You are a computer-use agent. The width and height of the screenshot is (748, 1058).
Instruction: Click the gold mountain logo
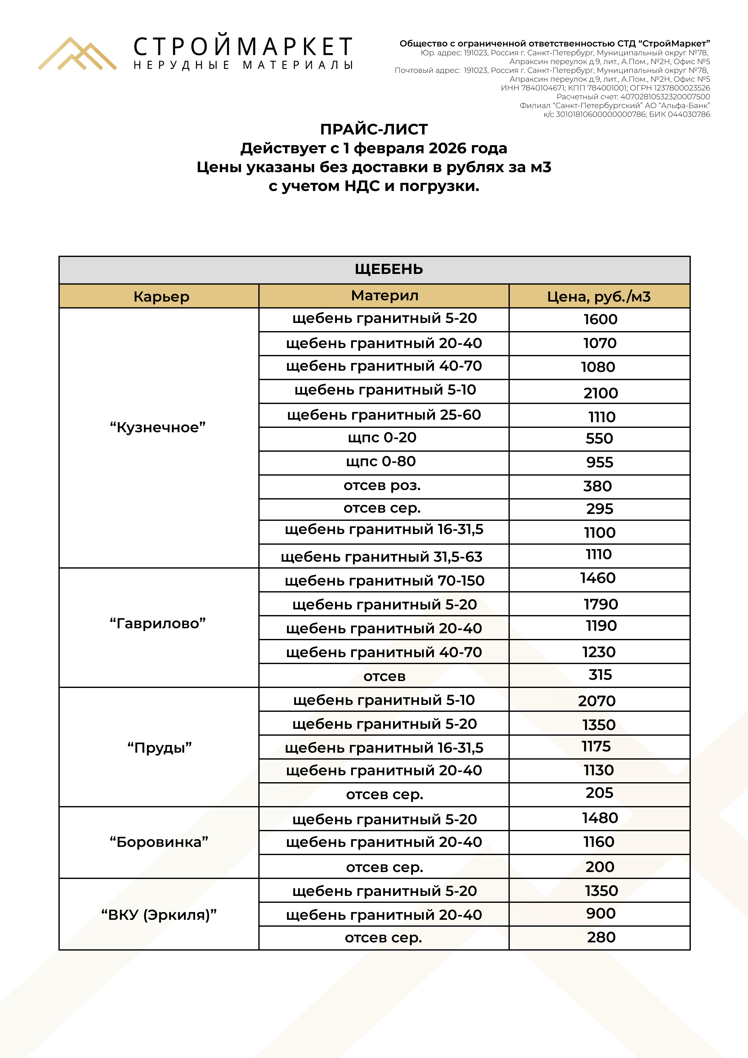pyautogui.click(x=77, y=54)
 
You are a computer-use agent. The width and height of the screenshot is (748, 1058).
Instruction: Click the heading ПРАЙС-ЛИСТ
pyautogui.click(x=374, y=129)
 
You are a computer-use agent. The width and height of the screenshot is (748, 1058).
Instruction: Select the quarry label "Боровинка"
pyautogui.click(x=159, y=842)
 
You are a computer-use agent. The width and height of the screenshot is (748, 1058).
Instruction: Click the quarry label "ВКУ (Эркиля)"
pyautogui.click(x=159, y=915)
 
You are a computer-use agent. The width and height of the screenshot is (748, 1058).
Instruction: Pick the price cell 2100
pyautogui.click(x=600, y=393)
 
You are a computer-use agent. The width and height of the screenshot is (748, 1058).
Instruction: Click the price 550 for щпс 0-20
pyautogui.click(x=599, y=438)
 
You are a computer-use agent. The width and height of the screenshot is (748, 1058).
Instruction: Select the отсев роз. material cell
pyautogui.click(x=382, y=486)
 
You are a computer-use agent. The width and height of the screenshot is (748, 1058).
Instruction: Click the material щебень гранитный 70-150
pyautogui.click(x=384, y=581)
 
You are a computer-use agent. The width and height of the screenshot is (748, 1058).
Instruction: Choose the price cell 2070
pyautogui.click(x=597, y=701)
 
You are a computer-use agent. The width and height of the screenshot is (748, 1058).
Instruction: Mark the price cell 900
pyautogui.click(x=600, y=913)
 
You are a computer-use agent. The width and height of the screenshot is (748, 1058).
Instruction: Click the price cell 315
pyautogui.click(x=600, y=675)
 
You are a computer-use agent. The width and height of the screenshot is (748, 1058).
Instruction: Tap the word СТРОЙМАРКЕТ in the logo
pyautogui.click(x=243, y=47)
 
